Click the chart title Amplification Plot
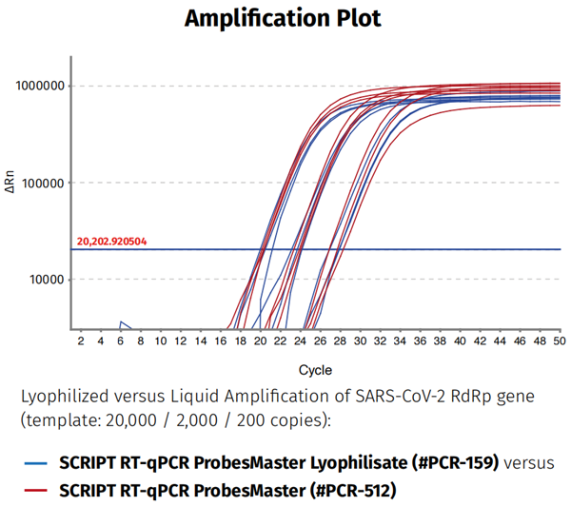pos(283,17)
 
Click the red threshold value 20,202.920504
pos(111,242)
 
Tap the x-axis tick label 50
pos(559,340)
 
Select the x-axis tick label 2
pos(80,340)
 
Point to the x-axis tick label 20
pos(260,340)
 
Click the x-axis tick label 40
pos(459,340)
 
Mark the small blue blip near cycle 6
pos(122,324)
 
